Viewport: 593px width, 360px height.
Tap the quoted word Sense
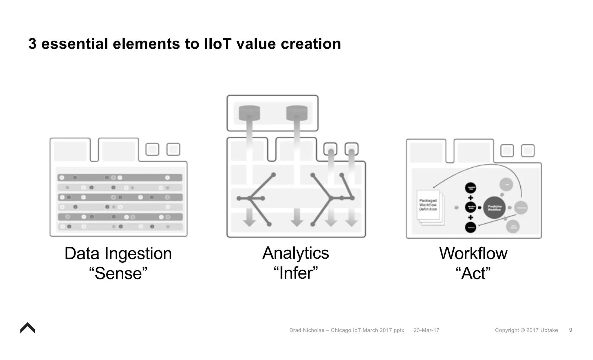point(118,273)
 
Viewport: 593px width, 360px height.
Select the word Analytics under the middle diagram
point(296,253)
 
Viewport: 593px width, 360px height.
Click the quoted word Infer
point(296,273)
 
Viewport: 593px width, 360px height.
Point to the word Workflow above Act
point(473,253)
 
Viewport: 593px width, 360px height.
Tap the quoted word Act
point(473,273)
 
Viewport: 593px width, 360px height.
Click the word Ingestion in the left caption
point(138,253)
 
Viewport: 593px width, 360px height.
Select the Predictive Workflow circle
point(494,208)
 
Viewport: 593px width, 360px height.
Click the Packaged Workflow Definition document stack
point(429,207)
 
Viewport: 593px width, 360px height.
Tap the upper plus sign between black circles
point(471,198)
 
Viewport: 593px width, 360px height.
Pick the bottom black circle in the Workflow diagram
point(471,227)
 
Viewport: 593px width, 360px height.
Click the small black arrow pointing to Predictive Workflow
point(479,208)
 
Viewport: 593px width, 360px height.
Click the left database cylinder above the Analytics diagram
point(249,113)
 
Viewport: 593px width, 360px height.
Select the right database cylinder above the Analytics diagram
point(297,113)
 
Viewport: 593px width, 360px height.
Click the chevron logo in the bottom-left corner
point(28,328)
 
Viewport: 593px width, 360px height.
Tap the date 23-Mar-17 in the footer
point(426,330)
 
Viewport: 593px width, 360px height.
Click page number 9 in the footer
point(570,330)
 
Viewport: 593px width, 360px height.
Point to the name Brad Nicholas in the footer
point(307,330)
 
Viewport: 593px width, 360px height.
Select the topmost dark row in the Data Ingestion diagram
point(120,178)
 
